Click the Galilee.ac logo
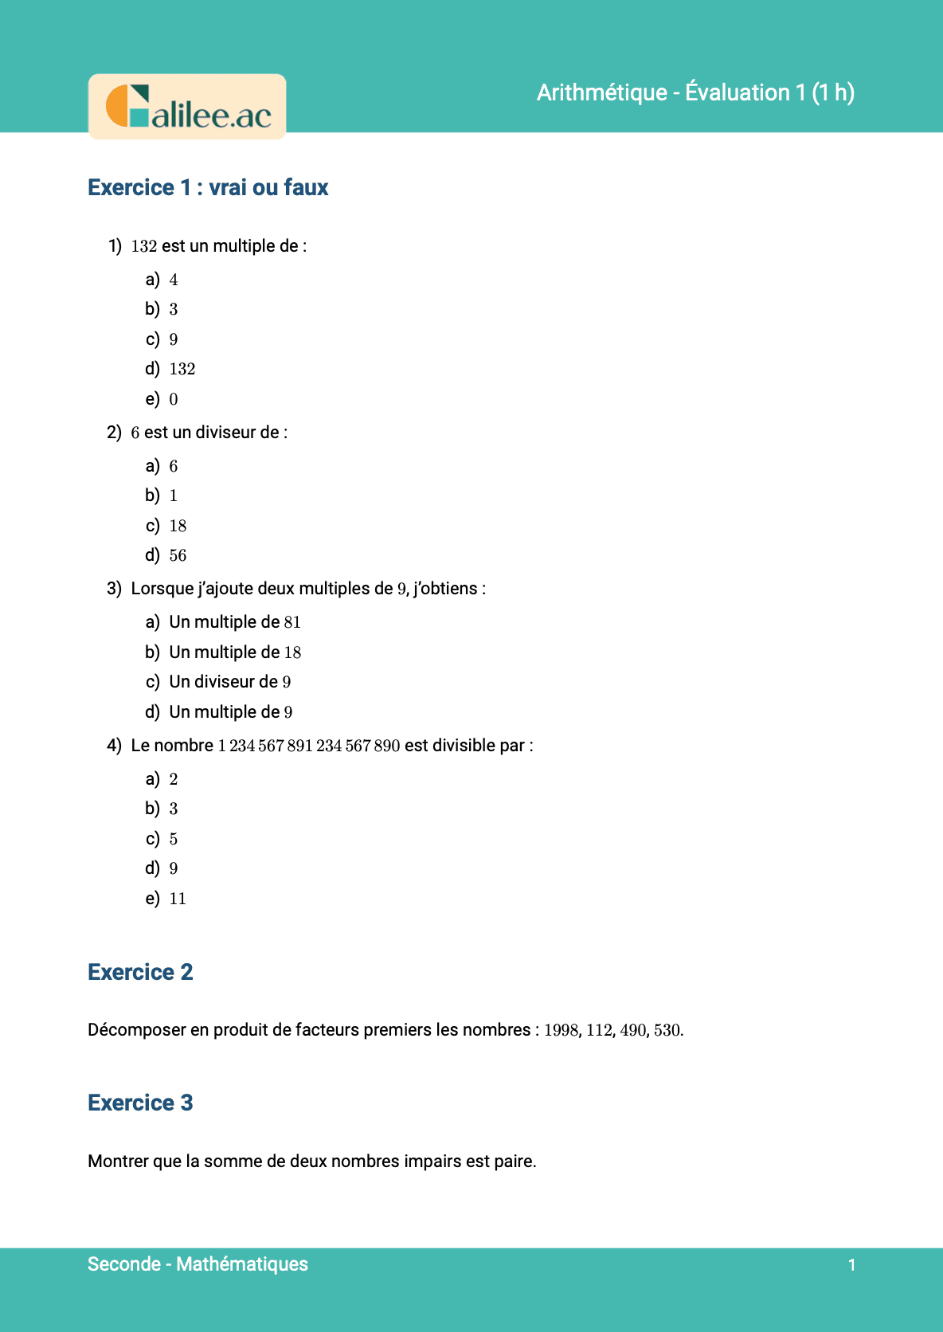pyautogui.click(x=187, y=107)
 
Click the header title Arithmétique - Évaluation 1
pyautogui.click(x=695, y=92)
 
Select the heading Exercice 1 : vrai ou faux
pyautogui.click(x=208, y=188)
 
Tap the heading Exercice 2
pyautogui.click(x=140, y=973)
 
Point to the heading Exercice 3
pyautogui.click(x=140, y=1103)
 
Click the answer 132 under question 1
pyautogui.click(x=182, y=369)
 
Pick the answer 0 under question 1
pyautogui.click(x=174, y=399)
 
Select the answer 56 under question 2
pyautogui.click(x=178, y=555)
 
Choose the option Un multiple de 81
pyautogui.click(x=234, y=622)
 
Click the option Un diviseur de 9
pyautogui.click(x=229, y=682)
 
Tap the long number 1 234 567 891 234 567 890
pyautogui.click(x=309, y=746)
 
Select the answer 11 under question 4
pyautogui.click(x=178, y=899)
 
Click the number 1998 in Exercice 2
pyautogui.click(x=561, y=1030)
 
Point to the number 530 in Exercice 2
pyautogui.click(x=667, y=1030)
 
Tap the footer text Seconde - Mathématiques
pyautogui.click(x=198, y=1264)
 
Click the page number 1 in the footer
pyautogui.click(x=851, y=1265)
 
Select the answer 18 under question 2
pyautogui.click(x=178, y=526)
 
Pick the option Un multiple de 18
pyautogui.click(x=234, y=652)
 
